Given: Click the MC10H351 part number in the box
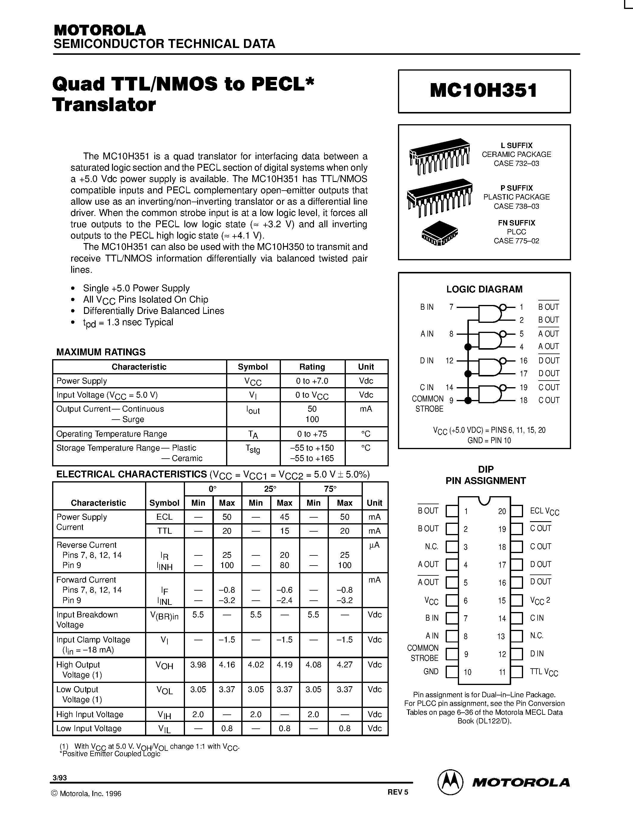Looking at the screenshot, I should (x=484, y=91).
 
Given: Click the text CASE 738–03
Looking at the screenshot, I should (x=516, y=206).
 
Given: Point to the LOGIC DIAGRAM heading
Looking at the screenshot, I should (x=484, y=289).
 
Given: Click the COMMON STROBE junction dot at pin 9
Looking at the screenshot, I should (x=468, y=401).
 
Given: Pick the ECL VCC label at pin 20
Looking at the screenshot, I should (x=545, y=511).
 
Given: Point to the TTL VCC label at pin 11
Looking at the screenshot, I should (x=544, y=672).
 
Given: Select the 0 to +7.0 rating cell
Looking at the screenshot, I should (x=312, y=381).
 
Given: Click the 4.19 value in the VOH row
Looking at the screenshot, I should (x=284, y=665).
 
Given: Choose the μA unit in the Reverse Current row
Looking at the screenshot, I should (x=374, y=545).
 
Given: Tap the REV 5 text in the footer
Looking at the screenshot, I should (x=397, y=792).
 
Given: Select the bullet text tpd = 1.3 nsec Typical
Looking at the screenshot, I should (x=128, y=323).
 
